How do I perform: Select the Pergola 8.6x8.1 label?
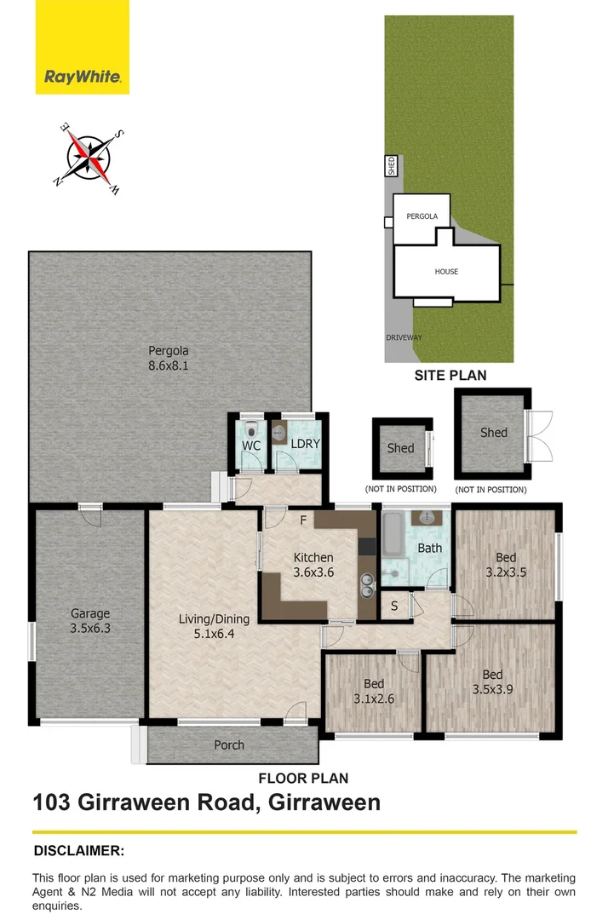pos(169,357)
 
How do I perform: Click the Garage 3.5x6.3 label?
pos(90,620)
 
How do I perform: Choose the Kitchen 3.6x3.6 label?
pos(313,565)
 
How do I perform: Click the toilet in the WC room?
pos(250,428)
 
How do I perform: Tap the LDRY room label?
pos(304,445)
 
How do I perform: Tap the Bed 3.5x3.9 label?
pos(492,683)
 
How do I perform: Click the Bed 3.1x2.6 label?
pos(373,691)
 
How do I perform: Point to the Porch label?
pos(229,745)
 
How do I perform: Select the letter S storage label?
pos(393,606)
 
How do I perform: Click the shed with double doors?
pos(494,433)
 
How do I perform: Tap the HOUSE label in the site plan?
pos(446,272)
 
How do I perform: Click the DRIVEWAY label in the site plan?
pos(404,337)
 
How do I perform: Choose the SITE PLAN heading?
pos(450,375)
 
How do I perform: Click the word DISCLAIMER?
pos(79,850)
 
